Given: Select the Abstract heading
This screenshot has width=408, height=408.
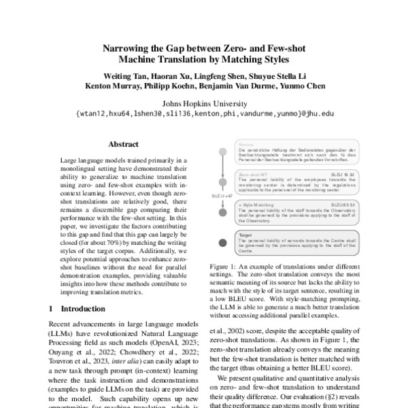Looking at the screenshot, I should (123, 144).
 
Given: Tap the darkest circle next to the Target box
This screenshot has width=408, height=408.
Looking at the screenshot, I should (222, 243).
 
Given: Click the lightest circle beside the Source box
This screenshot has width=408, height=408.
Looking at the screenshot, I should (222, 151).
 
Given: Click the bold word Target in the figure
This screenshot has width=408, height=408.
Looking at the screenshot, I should (242, 233).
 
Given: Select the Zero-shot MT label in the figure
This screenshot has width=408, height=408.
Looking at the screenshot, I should (250, 174).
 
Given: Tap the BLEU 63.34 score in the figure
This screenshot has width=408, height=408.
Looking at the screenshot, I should (343, 204).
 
